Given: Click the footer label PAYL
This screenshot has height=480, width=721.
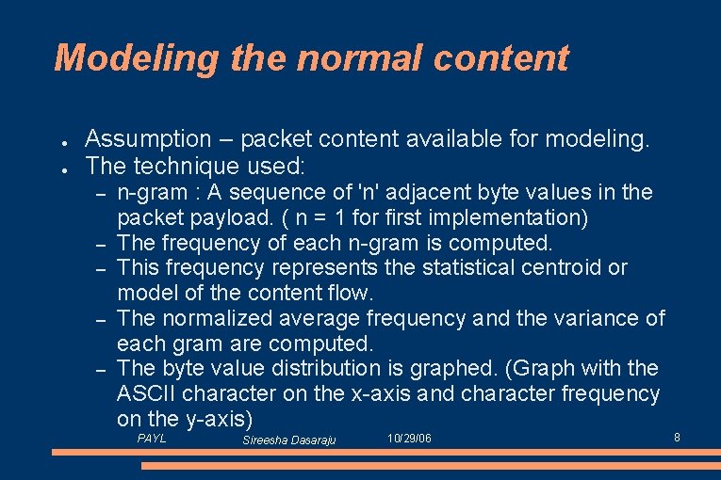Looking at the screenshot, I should (x=152, y=439).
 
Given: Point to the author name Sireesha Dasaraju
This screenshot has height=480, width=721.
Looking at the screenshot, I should (x=289, y=440).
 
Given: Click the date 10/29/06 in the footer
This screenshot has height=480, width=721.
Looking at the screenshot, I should (x=410, y=439).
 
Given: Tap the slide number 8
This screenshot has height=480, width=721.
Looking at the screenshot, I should (x=677, y=438).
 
